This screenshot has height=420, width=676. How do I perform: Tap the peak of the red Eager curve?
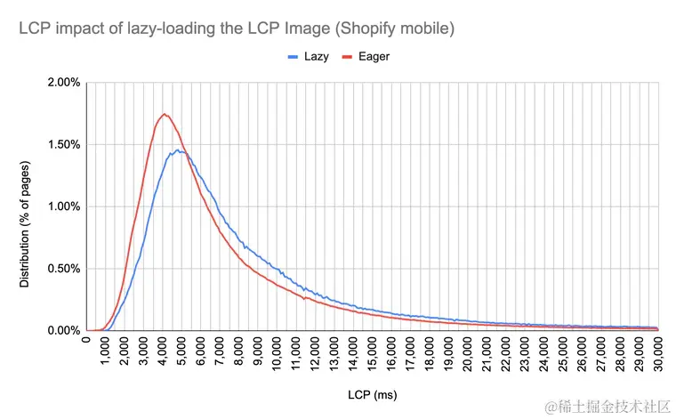(x=165, y=114)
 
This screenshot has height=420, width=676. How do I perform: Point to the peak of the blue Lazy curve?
(x=178, y=150)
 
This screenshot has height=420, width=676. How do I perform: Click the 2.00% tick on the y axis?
(x=63, y=83)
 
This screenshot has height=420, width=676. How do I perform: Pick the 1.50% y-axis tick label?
(x=63, y=144)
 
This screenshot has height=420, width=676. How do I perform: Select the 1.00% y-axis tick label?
(x=63, y=206)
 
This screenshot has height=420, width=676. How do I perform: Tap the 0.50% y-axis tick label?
(x=63, y=269)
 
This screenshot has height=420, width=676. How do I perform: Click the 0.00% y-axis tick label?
(x=63, y=330)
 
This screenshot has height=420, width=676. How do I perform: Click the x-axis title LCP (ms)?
(x=372, y=392)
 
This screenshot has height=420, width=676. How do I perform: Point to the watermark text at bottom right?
(x=609, y=406)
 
